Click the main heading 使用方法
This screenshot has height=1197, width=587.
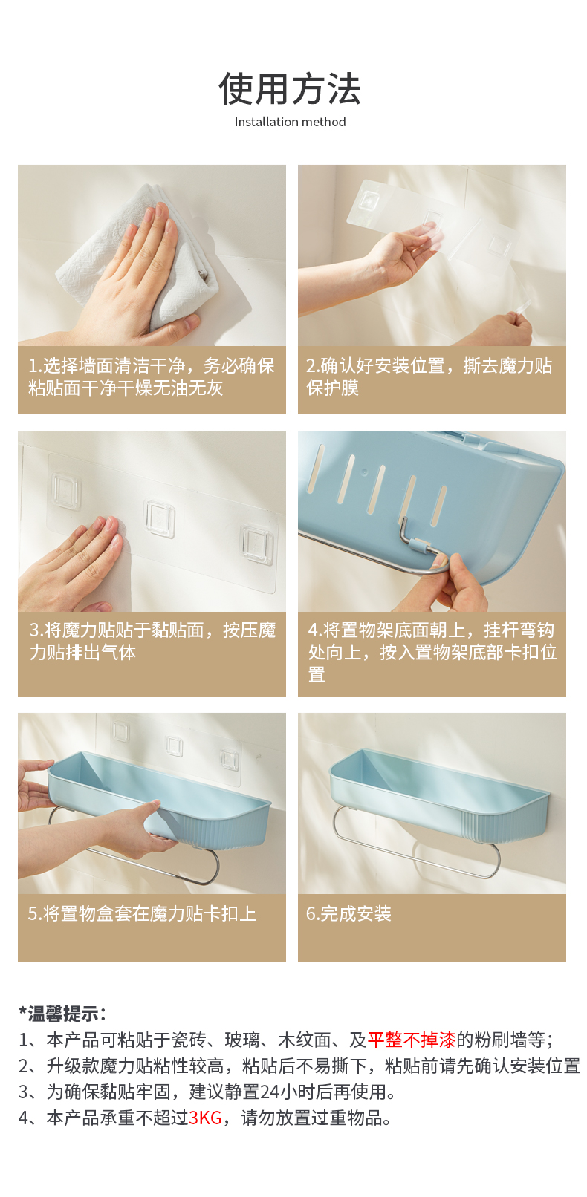[x=290, y=88]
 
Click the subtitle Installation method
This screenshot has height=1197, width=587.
[x=291, y=122]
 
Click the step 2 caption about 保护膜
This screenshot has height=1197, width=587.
[x=429, y=376]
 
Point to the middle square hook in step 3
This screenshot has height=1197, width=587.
[x=159, y=518]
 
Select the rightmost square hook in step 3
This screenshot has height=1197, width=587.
[x=257, y=544]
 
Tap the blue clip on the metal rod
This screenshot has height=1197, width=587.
[x=421, y=547]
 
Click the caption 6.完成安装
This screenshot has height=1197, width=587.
[x=348, y=913]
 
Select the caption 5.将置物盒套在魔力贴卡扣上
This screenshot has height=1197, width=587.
[x=142, y=913]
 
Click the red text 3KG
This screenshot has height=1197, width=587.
[x=205, y=1118]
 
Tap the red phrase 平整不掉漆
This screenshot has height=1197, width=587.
[x=412, y=1040]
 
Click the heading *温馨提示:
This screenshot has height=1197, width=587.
[x=62, y=1013]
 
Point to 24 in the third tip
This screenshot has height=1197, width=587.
[x=270, y=1092]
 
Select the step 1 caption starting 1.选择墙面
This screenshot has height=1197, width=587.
[x=152, y=376]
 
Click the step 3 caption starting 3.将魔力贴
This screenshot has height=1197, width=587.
[x=152, y=641]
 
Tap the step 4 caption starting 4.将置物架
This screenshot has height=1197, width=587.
[x=432, y=651]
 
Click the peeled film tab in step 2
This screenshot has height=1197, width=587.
[x=522, y=308]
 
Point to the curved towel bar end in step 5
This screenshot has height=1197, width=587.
[x=212, y=867]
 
